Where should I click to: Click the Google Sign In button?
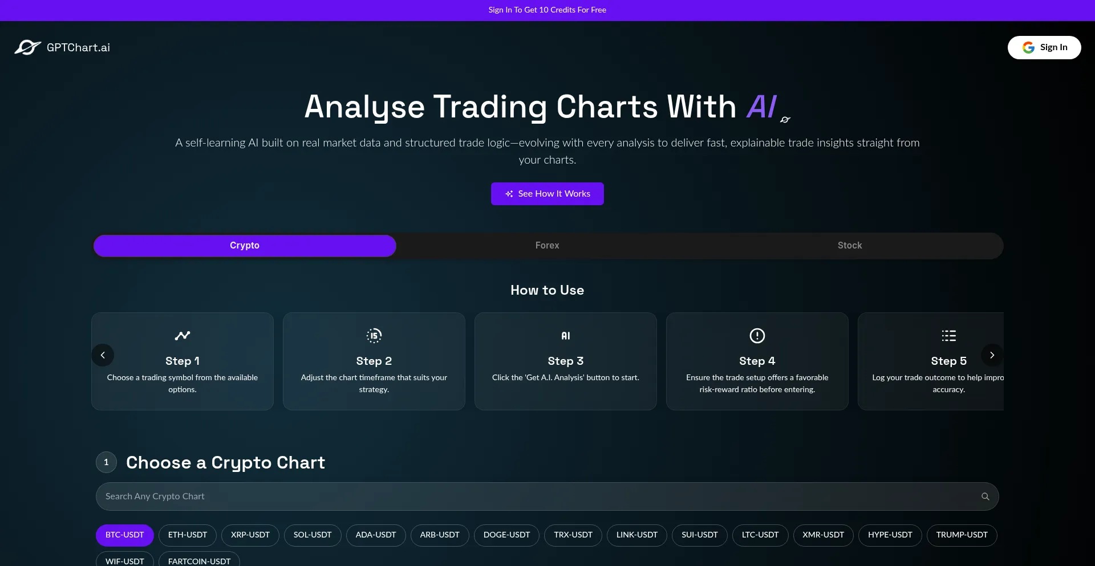click(1044, 47)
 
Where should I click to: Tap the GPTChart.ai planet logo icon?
click(28, 47)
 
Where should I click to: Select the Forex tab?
click(547, 246)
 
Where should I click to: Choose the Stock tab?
click(850, 246)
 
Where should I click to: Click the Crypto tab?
click(245, 246)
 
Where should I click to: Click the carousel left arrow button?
click(103, 355)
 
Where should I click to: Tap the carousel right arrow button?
click(992, 355)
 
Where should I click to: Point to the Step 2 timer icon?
click(374, 336)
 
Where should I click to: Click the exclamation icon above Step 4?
click(757, 336)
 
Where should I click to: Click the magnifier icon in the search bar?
click(985, 496)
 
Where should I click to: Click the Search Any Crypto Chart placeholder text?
click(155, 496)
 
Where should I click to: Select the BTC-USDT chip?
click(125, 535)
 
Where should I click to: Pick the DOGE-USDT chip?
click(506, 535)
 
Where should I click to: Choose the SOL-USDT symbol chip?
click(313, 535)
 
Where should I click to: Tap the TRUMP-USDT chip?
click(962, 535)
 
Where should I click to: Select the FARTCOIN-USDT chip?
click(199, 560)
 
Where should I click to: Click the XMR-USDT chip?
click(823, 535)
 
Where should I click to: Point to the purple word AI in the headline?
click(762, 107)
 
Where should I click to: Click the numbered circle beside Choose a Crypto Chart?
click(106, 462)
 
